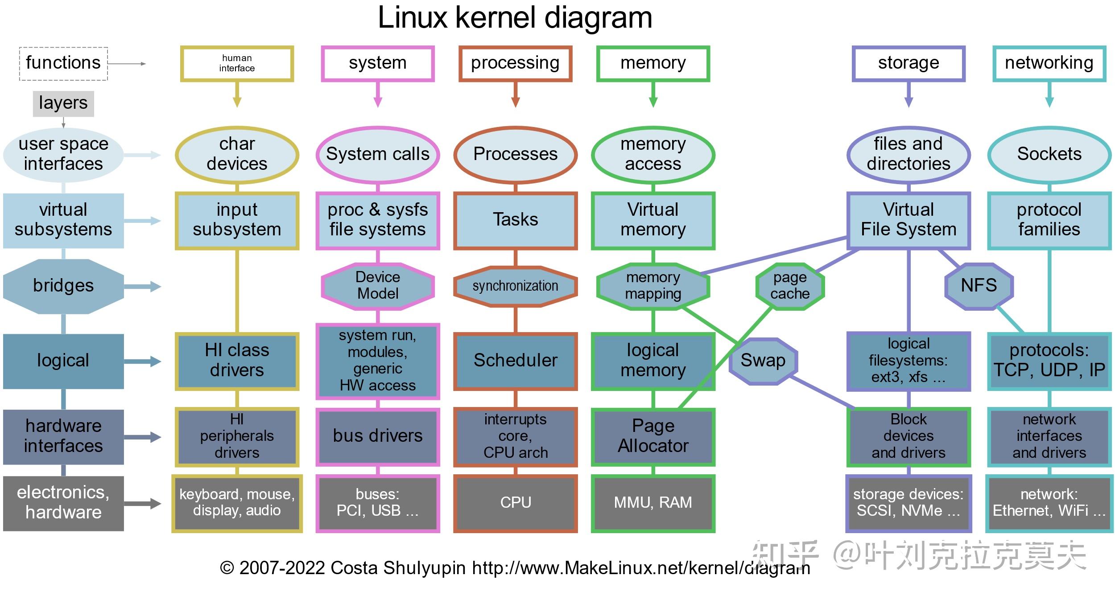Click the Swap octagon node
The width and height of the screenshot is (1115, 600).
click(763, 361)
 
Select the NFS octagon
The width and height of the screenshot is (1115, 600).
click(979, 286)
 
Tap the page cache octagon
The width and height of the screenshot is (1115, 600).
click(790, 286)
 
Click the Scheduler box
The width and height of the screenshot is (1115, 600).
click(515, 361)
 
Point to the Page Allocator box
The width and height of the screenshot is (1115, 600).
click(653, 436)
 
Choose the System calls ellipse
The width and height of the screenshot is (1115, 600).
click(377, 154)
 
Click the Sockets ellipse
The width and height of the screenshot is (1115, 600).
click(1049, 154)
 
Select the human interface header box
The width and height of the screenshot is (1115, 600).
click(237, 63)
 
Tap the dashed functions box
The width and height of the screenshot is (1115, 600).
click(63, 63)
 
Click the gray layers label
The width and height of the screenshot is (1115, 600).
click(63, 103)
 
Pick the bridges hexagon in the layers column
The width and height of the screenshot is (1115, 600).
click(63, 286)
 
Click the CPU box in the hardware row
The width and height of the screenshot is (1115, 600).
click(515, 503)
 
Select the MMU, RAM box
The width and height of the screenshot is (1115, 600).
click(653, 503)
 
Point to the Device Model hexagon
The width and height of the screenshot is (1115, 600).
click(377, 286)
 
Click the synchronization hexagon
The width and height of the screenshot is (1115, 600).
click(515, 286)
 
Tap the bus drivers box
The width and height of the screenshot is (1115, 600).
click(377, 436)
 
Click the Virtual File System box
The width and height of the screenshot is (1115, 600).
click(908, 220)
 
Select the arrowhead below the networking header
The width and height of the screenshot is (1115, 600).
click(1049, 102)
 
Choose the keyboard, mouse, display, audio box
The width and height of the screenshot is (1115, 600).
click(237, 503)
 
